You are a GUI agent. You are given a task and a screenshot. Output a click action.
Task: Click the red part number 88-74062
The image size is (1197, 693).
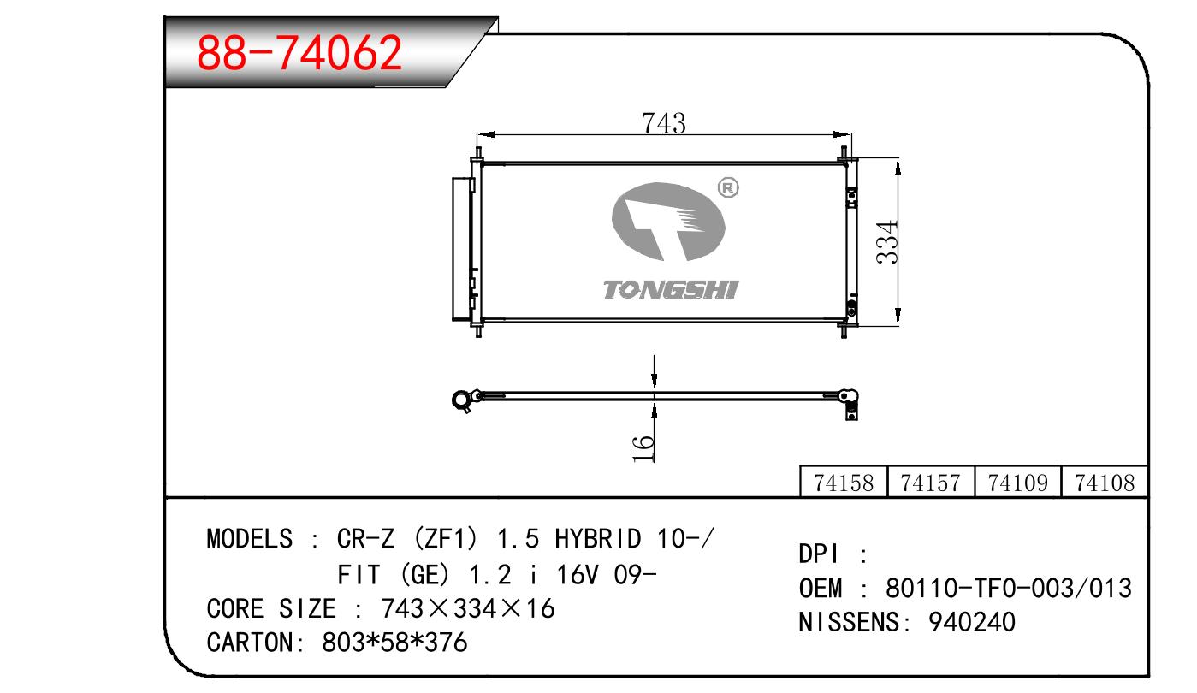(299, 53)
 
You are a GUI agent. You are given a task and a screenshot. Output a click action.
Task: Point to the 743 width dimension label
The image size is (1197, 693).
(664, 123)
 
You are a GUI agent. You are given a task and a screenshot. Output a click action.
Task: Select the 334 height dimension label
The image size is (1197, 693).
(887, 241)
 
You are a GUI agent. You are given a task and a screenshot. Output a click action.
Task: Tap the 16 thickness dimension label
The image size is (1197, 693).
(643, 449)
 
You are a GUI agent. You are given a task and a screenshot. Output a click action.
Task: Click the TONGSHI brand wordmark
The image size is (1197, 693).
(671, 290)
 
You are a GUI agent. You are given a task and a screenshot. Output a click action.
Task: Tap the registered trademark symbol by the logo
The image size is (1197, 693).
(728, 188)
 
